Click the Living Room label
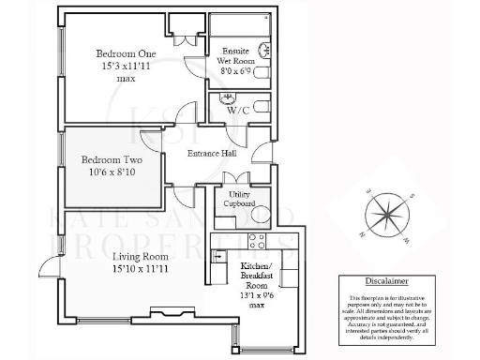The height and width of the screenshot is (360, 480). tap(140, 256)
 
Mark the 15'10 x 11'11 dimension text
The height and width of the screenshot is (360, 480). tap(140, 270)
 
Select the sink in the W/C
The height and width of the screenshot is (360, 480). tap(225, 98)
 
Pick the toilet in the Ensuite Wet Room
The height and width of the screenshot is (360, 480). tap(261, 73)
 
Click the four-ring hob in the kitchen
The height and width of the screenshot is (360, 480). tap(259, 242)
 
